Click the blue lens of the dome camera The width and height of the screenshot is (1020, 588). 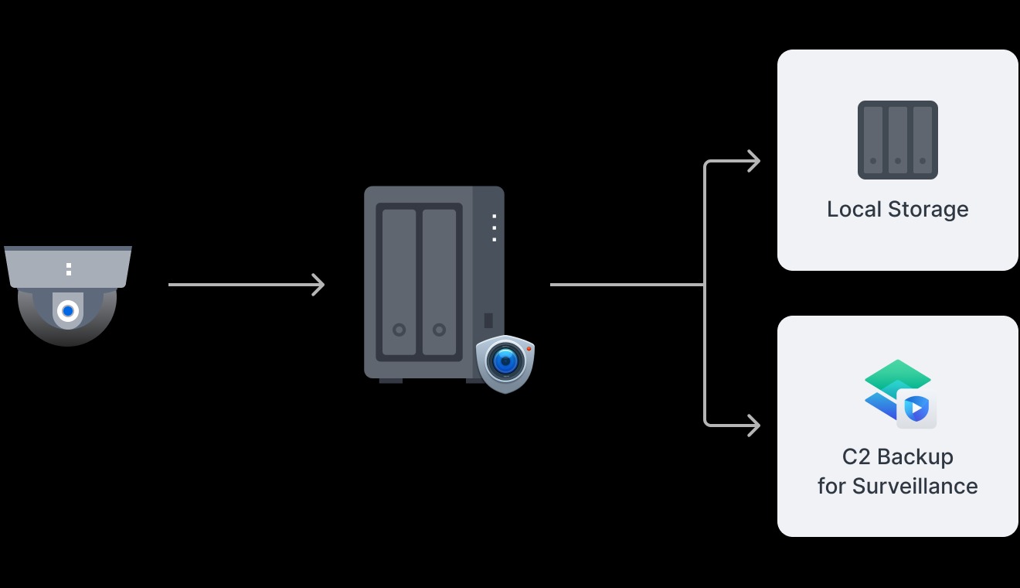click(68, 311)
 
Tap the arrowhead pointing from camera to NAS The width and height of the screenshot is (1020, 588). click(318, 285)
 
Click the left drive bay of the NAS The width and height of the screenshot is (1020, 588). click(399, 282)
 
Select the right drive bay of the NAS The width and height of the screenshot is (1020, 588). click(439, 282)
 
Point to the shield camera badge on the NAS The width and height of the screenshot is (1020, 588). click(505, 363)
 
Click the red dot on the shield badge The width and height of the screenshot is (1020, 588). click(529, 350)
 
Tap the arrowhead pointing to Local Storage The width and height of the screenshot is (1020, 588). click(753, 161)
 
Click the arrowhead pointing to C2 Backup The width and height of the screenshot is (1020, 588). click(753, 425)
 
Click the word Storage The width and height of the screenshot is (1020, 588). click(928, 210)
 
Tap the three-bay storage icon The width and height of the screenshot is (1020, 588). click(898, 140)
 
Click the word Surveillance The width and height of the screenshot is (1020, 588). click(915, 487)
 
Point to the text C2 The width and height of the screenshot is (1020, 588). click(856, 457)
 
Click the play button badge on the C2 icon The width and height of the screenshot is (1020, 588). click(916, 409)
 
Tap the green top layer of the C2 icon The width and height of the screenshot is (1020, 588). click(896, 374)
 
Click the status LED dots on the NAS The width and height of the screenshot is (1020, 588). click(494, 227)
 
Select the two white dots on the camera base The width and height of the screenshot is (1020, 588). click(69, 269)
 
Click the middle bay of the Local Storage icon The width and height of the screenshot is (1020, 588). click(898, 140)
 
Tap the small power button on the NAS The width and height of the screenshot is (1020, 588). click(488, 320)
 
